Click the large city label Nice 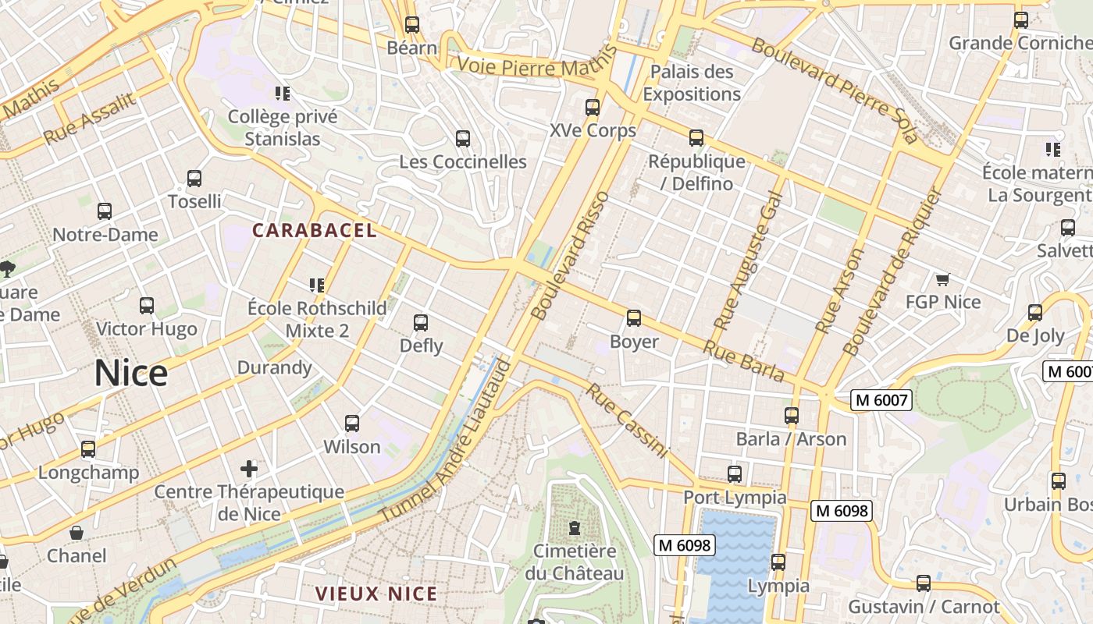(131, 374)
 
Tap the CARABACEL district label (314, 230)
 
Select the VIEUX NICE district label (376, 594)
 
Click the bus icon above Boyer (633, 318)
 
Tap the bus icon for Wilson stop (352, 424)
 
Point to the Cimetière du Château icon (575, 528)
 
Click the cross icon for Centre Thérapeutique (249, 469)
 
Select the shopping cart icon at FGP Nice (942, 279)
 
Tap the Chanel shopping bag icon (77, 533)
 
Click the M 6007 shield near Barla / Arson (881, 401)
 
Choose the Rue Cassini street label (628, 420)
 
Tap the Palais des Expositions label (691, 83)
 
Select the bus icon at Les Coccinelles (463, 139)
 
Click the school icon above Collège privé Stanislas (283, 94)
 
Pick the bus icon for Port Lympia (735, 473)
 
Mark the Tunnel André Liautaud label (447, 441)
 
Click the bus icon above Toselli (194, 179)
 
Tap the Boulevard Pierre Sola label (833, 90)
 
